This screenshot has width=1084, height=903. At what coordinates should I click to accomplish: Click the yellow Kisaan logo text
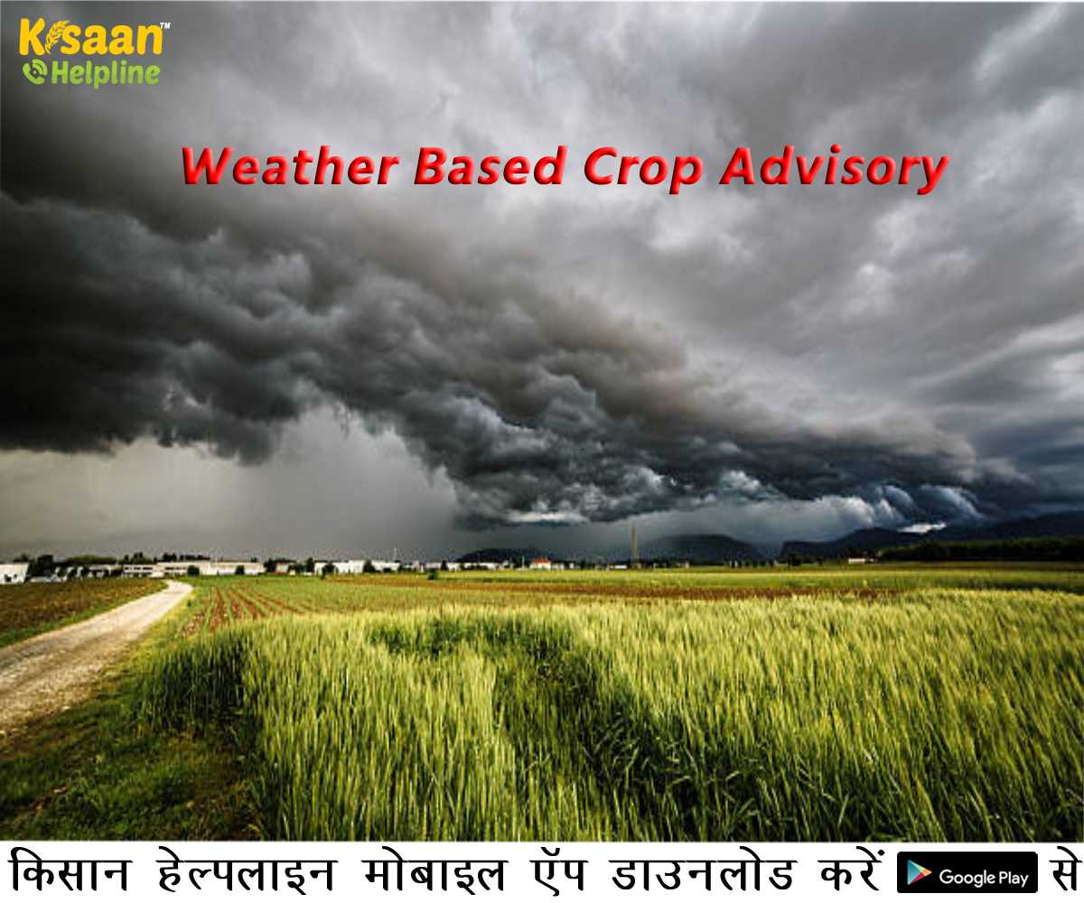coord(91,38)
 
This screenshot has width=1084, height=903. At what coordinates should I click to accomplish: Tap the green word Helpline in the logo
coord(105,73)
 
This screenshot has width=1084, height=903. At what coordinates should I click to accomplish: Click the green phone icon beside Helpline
coord(34,71)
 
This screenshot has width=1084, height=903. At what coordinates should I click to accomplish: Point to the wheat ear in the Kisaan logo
coord(55,36)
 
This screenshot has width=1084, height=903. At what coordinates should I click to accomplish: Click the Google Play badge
coord(967,875)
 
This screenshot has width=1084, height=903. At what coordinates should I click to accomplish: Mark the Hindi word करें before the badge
coord(844,872)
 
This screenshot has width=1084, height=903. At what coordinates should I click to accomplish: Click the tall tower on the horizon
coord(634,545)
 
